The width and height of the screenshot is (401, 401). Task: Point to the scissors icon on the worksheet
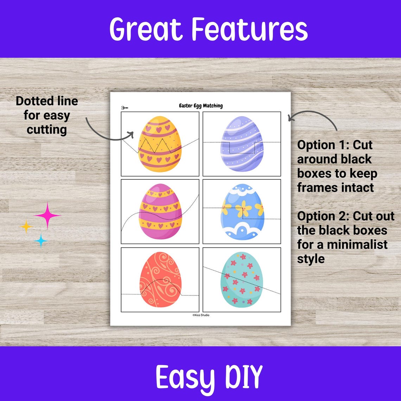125,108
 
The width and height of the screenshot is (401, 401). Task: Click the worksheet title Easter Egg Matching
200,106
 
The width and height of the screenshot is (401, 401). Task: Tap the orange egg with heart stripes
160,144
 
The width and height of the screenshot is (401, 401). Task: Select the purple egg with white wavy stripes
242,144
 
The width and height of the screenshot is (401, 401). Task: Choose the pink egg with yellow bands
160,211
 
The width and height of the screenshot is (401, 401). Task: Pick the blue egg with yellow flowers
242,211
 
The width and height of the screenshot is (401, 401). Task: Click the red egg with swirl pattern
160,280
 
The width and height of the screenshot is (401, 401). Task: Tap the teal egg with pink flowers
242,280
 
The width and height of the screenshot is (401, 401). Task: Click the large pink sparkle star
47,215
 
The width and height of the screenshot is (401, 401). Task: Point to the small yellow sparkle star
26,226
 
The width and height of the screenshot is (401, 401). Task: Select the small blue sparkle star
41,241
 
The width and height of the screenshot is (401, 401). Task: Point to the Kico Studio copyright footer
200,315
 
